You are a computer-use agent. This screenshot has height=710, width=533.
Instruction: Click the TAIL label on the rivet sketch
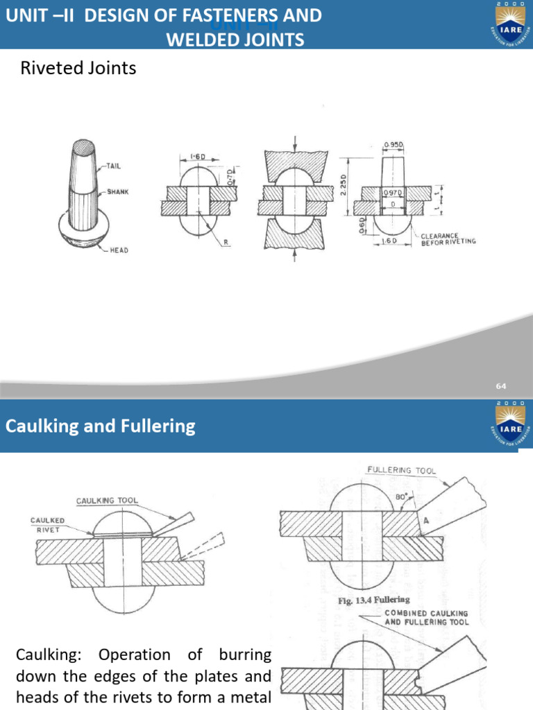(115, 166)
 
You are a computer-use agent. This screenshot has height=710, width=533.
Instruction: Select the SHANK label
(118, 191)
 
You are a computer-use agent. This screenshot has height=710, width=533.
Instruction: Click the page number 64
(501, 386)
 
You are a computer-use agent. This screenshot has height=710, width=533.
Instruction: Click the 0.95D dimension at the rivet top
(394, 145)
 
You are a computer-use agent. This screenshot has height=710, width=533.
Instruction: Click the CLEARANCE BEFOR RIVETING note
(448, 239)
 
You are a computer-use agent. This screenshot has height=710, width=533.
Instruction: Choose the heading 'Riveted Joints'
(78, 68)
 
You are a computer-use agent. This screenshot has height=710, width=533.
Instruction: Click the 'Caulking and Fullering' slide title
(101, 426)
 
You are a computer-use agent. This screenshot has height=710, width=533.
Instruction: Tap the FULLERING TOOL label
(400, 470)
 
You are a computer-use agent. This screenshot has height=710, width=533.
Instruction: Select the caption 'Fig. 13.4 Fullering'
(373, 600)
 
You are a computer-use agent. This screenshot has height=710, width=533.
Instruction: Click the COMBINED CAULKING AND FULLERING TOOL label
(427, 618)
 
